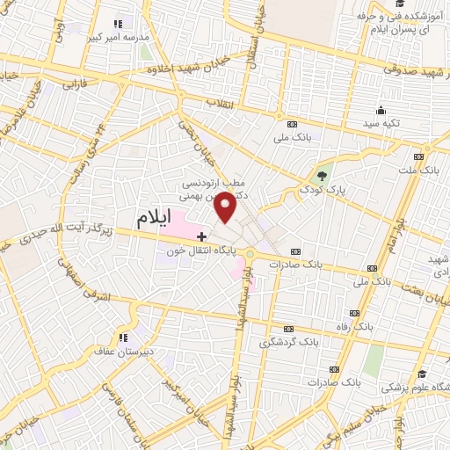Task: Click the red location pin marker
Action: (x=226, y=207)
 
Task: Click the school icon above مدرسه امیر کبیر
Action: (x=120, y=23)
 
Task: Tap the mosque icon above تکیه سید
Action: (x=381, y=110)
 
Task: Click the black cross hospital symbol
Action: (x=201, y=236)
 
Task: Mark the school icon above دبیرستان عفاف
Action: (x=123, y=336)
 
